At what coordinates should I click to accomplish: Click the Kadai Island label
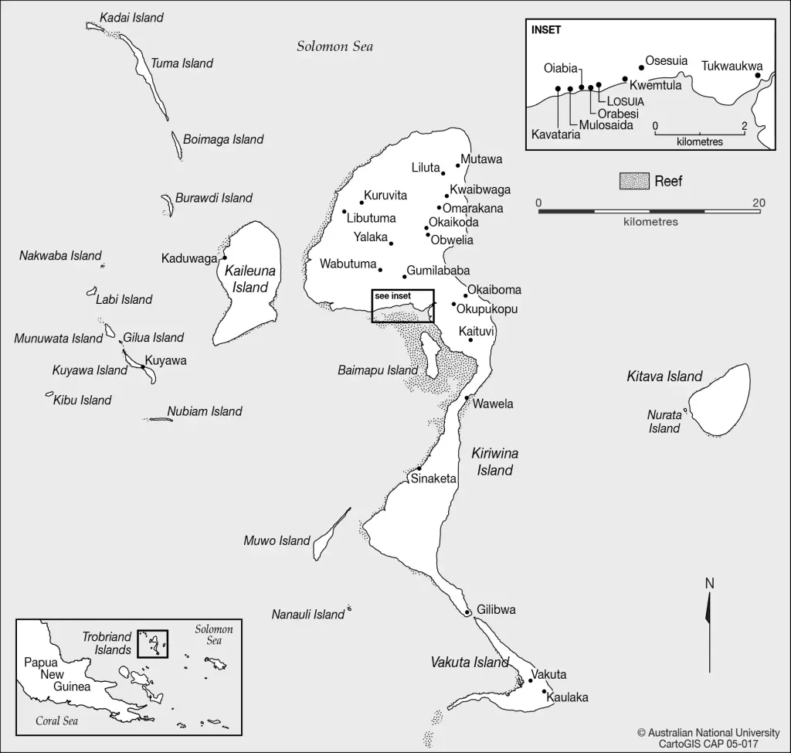pos(132,18)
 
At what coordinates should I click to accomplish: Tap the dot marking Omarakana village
pos(439,207)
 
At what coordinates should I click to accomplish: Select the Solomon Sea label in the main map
pos(334,46)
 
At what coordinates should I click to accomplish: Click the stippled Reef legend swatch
pos(633,182)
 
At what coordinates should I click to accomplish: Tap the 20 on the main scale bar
pos(759,203)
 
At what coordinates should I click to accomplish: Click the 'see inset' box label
pos(392,296)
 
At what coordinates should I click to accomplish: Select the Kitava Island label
pos(664,377)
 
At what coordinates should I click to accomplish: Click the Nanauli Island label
pos(307,615)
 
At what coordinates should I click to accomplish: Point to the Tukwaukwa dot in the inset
pos(758,76)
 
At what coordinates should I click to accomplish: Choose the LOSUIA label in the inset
pos(626,101)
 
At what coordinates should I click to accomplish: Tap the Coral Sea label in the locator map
pos(57,721)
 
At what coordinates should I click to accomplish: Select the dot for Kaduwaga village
pos(225,257)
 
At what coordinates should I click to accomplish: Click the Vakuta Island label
pos(470,663)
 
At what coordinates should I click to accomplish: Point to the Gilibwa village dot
pos(468,613)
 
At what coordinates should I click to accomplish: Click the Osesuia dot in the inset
pos(641,67)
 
